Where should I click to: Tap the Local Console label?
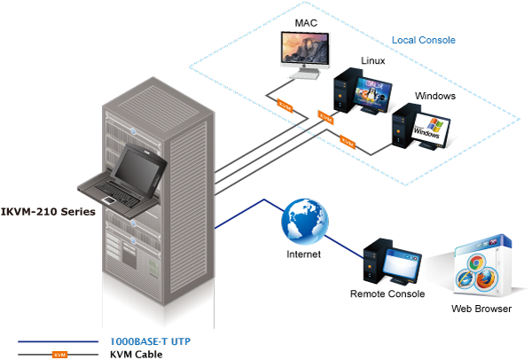tap(424, 40)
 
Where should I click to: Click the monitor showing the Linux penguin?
tap(372, 92)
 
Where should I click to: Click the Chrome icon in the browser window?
tap(475, 263)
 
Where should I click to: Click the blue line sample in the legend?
tap(58, 340)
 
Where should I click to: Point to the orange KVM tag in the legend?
tap(59, 354)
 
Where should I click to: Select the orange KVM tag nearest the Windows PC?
tap(348, 140)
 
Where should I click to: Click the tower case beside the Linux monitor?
tap(343, 98)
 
